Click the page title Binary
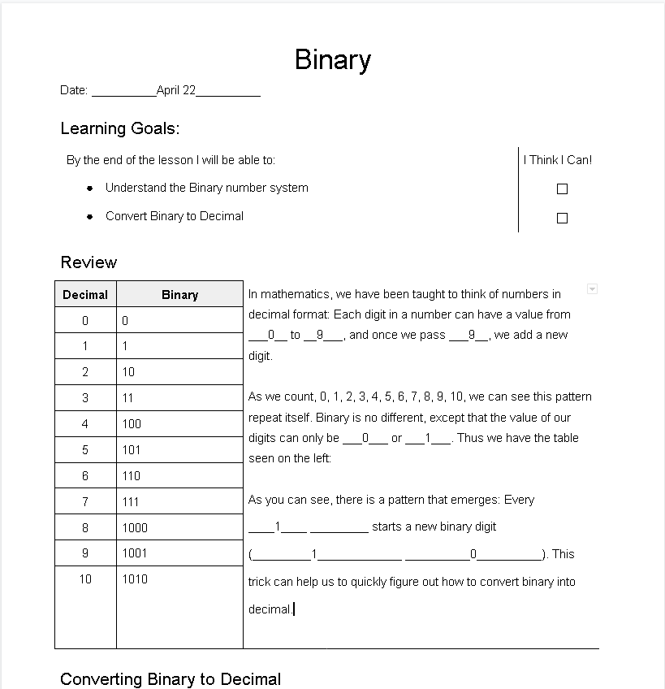pos(333,60)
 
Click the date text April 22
pos(176,90)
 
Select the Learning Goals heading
pos(119,128)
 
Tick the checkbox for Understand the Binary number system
pos(562,188)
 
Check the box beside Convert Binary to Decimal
pos(562,218)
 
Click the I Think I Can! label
pos(558,160)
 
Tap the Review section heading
pos(89,262)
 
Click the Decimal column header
pos(85,295)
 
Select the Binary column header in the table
pos(179,295)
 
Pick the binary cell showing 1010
pos(135,579)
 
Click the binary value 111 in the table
pos(131,502)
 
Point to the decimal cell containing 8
pos(85,527)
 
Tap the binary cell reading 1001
pos(135,553)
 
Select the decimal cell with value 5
pos(85,449)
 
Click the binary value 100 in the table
pos(132,423)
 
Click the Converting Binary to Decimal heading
pos(171,679)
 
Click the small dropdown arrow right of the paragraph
pos(592,289)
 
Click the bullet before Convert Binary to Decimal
pos(90,216)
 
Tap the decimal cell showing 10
pos(85,579)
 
